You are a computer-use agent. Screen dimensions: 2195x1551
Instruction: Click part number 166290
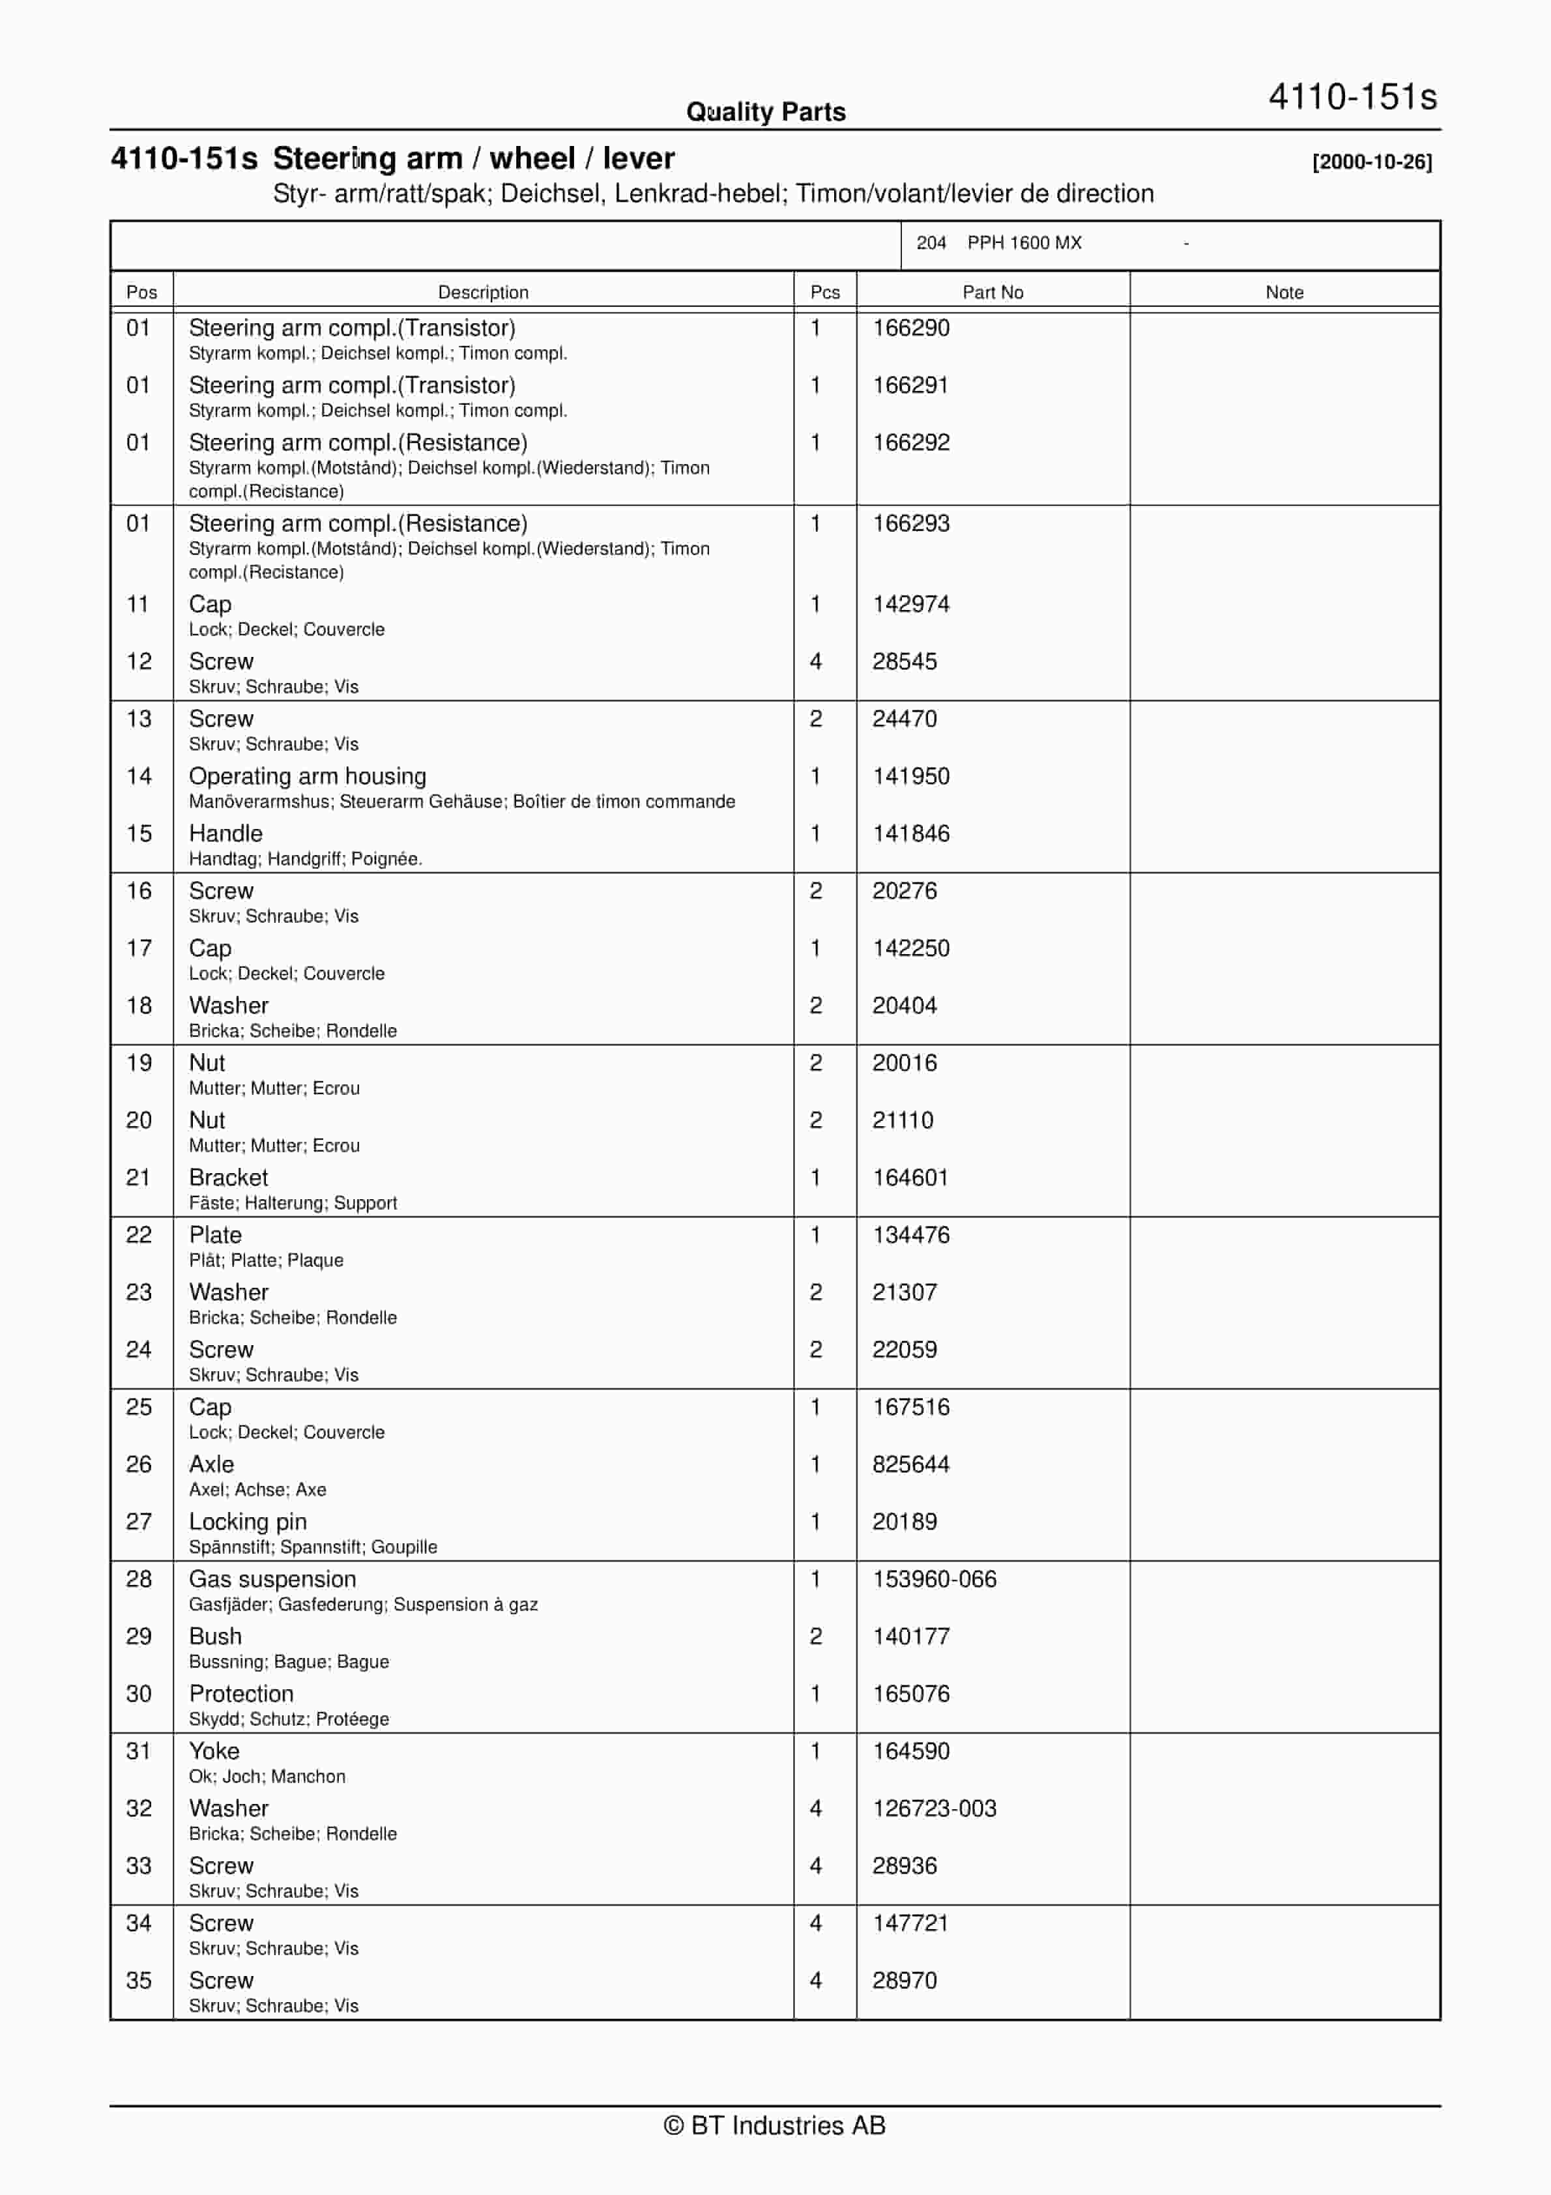pyautogui.click(x=910, y=328)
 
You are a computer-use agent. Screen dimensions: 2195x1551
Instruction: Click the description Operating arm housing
pyautogui.click(x=307, y=776)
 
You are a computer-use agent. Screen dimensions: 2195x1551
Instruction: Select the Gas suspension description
pyautogui.click(x=272, y=1578)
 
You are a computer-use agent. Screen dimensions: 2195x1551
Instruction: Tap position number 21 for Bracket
pyautogui.click(x=139, y=1178)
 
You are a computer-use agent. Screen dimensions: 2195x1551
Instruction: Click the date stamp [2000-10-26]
pyautogui.click(x=1371, y=162)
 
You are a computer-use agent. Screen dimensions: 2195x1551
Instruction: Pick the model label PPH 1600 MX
pyautogui.click(x=1024, y=243)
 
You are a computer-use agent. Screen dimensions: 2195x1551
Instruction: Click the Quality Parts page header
pyautogui.click(x=765, y=112)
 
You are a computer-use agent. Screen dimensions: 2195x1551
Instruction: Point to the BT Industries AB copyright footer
pyautogui.click(x=775, y=2125)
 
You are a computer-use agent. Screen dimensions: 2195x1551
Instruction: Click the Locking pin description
pyautogui.click(x=248, y=1521)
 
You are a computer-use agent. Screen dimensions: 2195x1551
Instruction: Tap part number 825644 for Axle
pyautogui.click(x=910, y=1464)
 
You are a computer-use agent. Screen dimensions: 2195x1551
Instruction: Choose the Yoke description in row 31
pyautogui.click(x=214, y=1751)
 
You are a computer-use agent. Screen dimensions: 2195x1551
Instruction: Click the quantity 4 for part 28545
pyautogui.click(x=816, y=661)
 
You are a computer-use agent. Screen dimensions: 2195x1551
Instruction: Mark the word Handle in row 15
pyautogui.click(x=225, y=834)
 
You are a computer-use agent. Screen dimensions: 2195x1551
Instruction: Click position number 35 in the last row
pyautogui.click(x=139, y=1980)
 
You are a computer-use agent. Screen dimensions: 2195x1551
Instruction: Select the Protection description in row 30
pyautogui.click(x=241, y=1693)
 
